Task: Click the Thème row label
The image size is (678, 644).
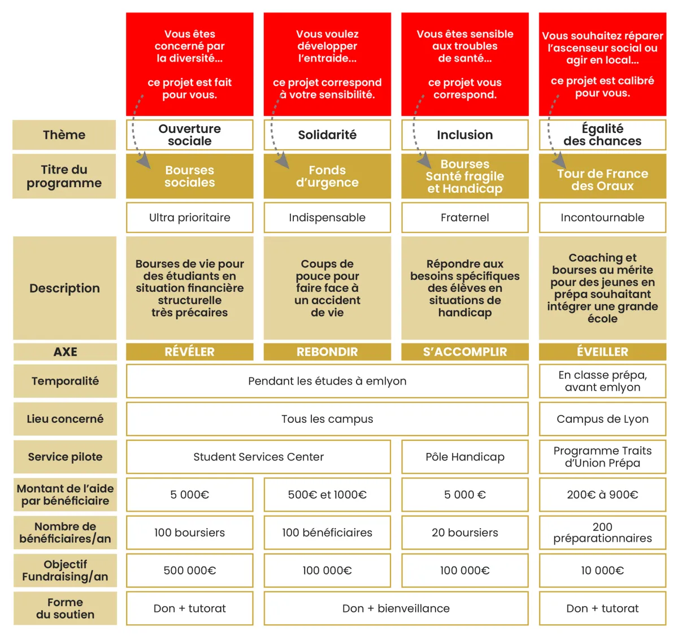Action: [x=64, y=135]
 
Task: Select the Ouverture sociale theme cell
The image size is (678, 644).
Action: [x=189, y=135]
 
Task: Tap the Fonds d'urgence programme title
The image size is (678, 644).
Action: [x=327, y=176]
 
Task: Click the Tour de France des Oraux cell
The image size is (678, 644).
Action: [x=602, y=180]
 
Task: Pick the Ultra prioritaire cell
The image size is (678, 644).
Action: [x=189, y=218]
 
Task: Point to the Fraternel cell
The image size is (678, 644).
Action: [x=464, y=218]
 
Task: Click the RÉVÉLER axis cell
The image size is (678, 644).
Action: [x=189, y=352]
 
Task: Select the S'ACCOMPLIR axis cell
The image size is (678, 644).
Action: [x=464, y=352]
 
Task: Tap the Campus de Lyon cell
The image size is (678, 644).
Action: [x=602, y=419]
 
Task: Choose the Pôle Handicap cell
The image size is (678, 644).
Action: [x=464, y=457]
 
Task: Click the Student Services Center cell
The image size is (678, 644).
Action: [x=258, y=457]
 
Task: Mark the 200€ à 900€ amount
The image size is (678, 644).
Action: [x=602, y=495]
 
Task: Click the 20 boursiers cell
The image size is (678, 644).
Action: [x=464, y=533]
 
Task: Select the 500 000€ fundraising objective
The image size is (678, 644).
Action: [x=189, y=570]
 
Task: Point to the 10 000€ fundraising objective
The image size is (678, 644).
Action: [x=602, y=570]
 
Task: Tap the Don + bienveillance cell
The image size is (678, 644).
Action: [x=395, y=608]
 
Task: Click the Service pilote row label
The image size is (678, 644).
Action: [x=65, y=457]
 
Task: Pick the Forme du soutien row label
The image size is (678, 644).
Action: [x=65, y=608]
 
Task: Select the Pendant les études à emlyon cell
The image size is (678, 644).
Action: [x=327, y=381]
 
